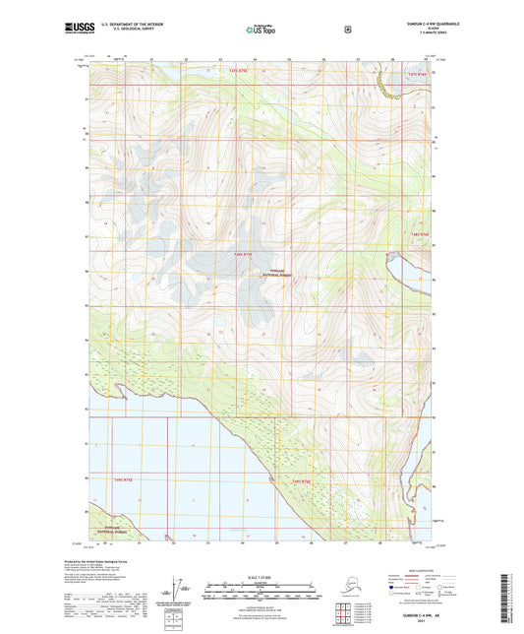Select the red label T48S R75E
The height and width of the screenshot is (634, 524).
coord(243,255)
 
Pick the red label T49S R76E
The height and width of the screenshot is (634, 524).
coord(300,480)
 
